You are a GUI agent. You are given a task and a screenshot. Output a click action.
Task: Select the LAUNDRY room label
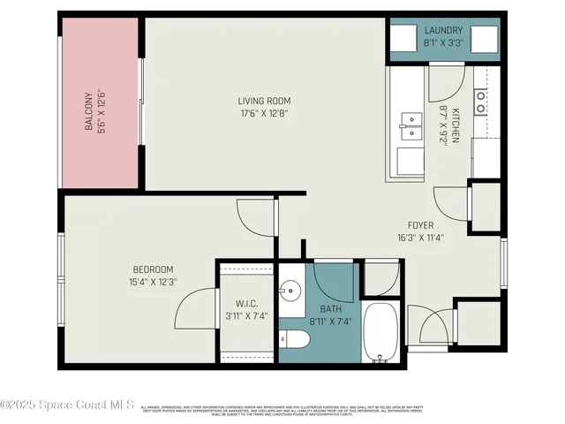[443, 30]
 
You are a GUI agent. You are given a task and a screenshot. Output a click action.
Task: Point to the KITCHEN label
[456, 125]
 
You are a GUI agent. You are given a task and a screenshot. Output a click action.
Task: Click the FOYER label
[419, 225]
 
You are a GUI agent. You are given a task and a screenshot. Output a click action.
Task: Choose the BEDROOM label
[153, 269]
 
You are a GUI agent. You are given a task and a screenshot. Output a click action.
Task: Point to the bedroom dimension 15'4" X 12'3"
[153, 282]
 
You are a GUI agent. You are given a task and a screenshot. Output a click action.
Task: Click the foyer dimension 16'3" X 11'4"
[419, 237]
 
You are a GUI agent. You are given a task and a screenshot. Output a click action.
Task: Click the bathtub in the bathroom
[382, 333]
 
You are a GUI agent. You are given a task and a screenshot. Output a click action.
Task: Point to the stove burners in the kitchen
[480, 102]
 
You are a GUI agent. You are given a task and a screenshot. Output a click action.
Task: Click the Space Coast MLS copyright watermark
[68, 405]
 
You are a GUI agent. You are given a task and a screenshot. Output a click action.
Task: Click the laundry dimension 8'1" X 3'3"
[443, 42]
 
